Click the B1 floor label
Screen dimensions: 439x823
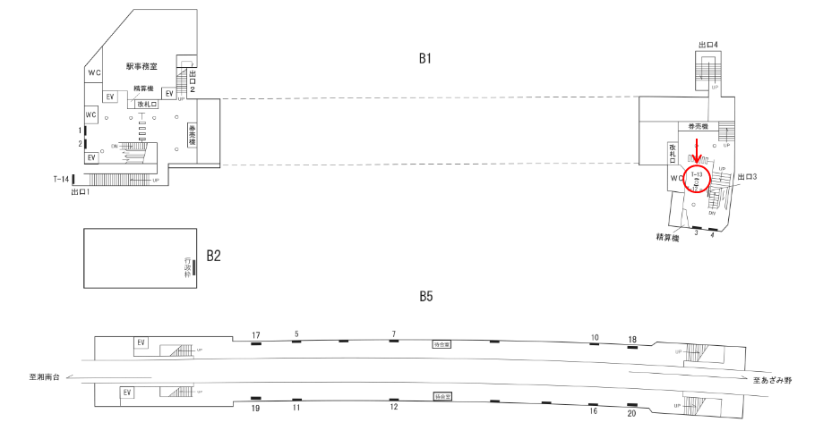[425, 59]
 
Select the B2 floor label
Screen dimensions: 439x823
[213, 256]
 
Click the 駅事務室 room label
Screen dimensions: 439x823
[141, 66]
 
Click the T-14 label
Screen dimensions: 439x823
[61, 179]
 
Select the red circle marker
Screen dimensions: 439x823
[697, 177]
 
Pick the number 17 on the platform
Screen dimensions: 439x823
[256, 335]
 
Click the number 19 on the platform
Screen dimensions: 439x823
[255, 408]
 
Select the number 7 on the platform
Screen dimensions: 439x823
[393, 334]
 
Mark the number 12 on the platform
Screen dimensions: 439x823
[393, 408]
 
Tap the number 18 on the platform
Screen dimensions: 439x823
[632, 339]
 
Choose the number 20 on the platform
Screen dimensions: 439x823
[631, 412]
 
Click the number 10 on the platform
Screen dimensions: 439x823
[594, 338]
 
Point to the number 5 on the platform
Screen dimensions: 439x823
[296, 334]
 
